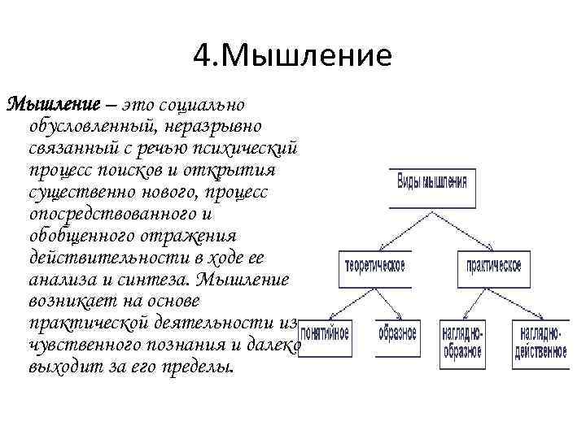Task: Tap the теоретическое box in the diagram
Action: point(374,267)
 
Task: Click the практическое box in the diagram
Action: point(493,267)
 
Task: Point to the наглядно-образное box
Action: point(462,344)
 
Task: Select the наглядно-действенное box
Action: point(540,344)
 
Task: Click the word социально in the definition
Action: point(208,105)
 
